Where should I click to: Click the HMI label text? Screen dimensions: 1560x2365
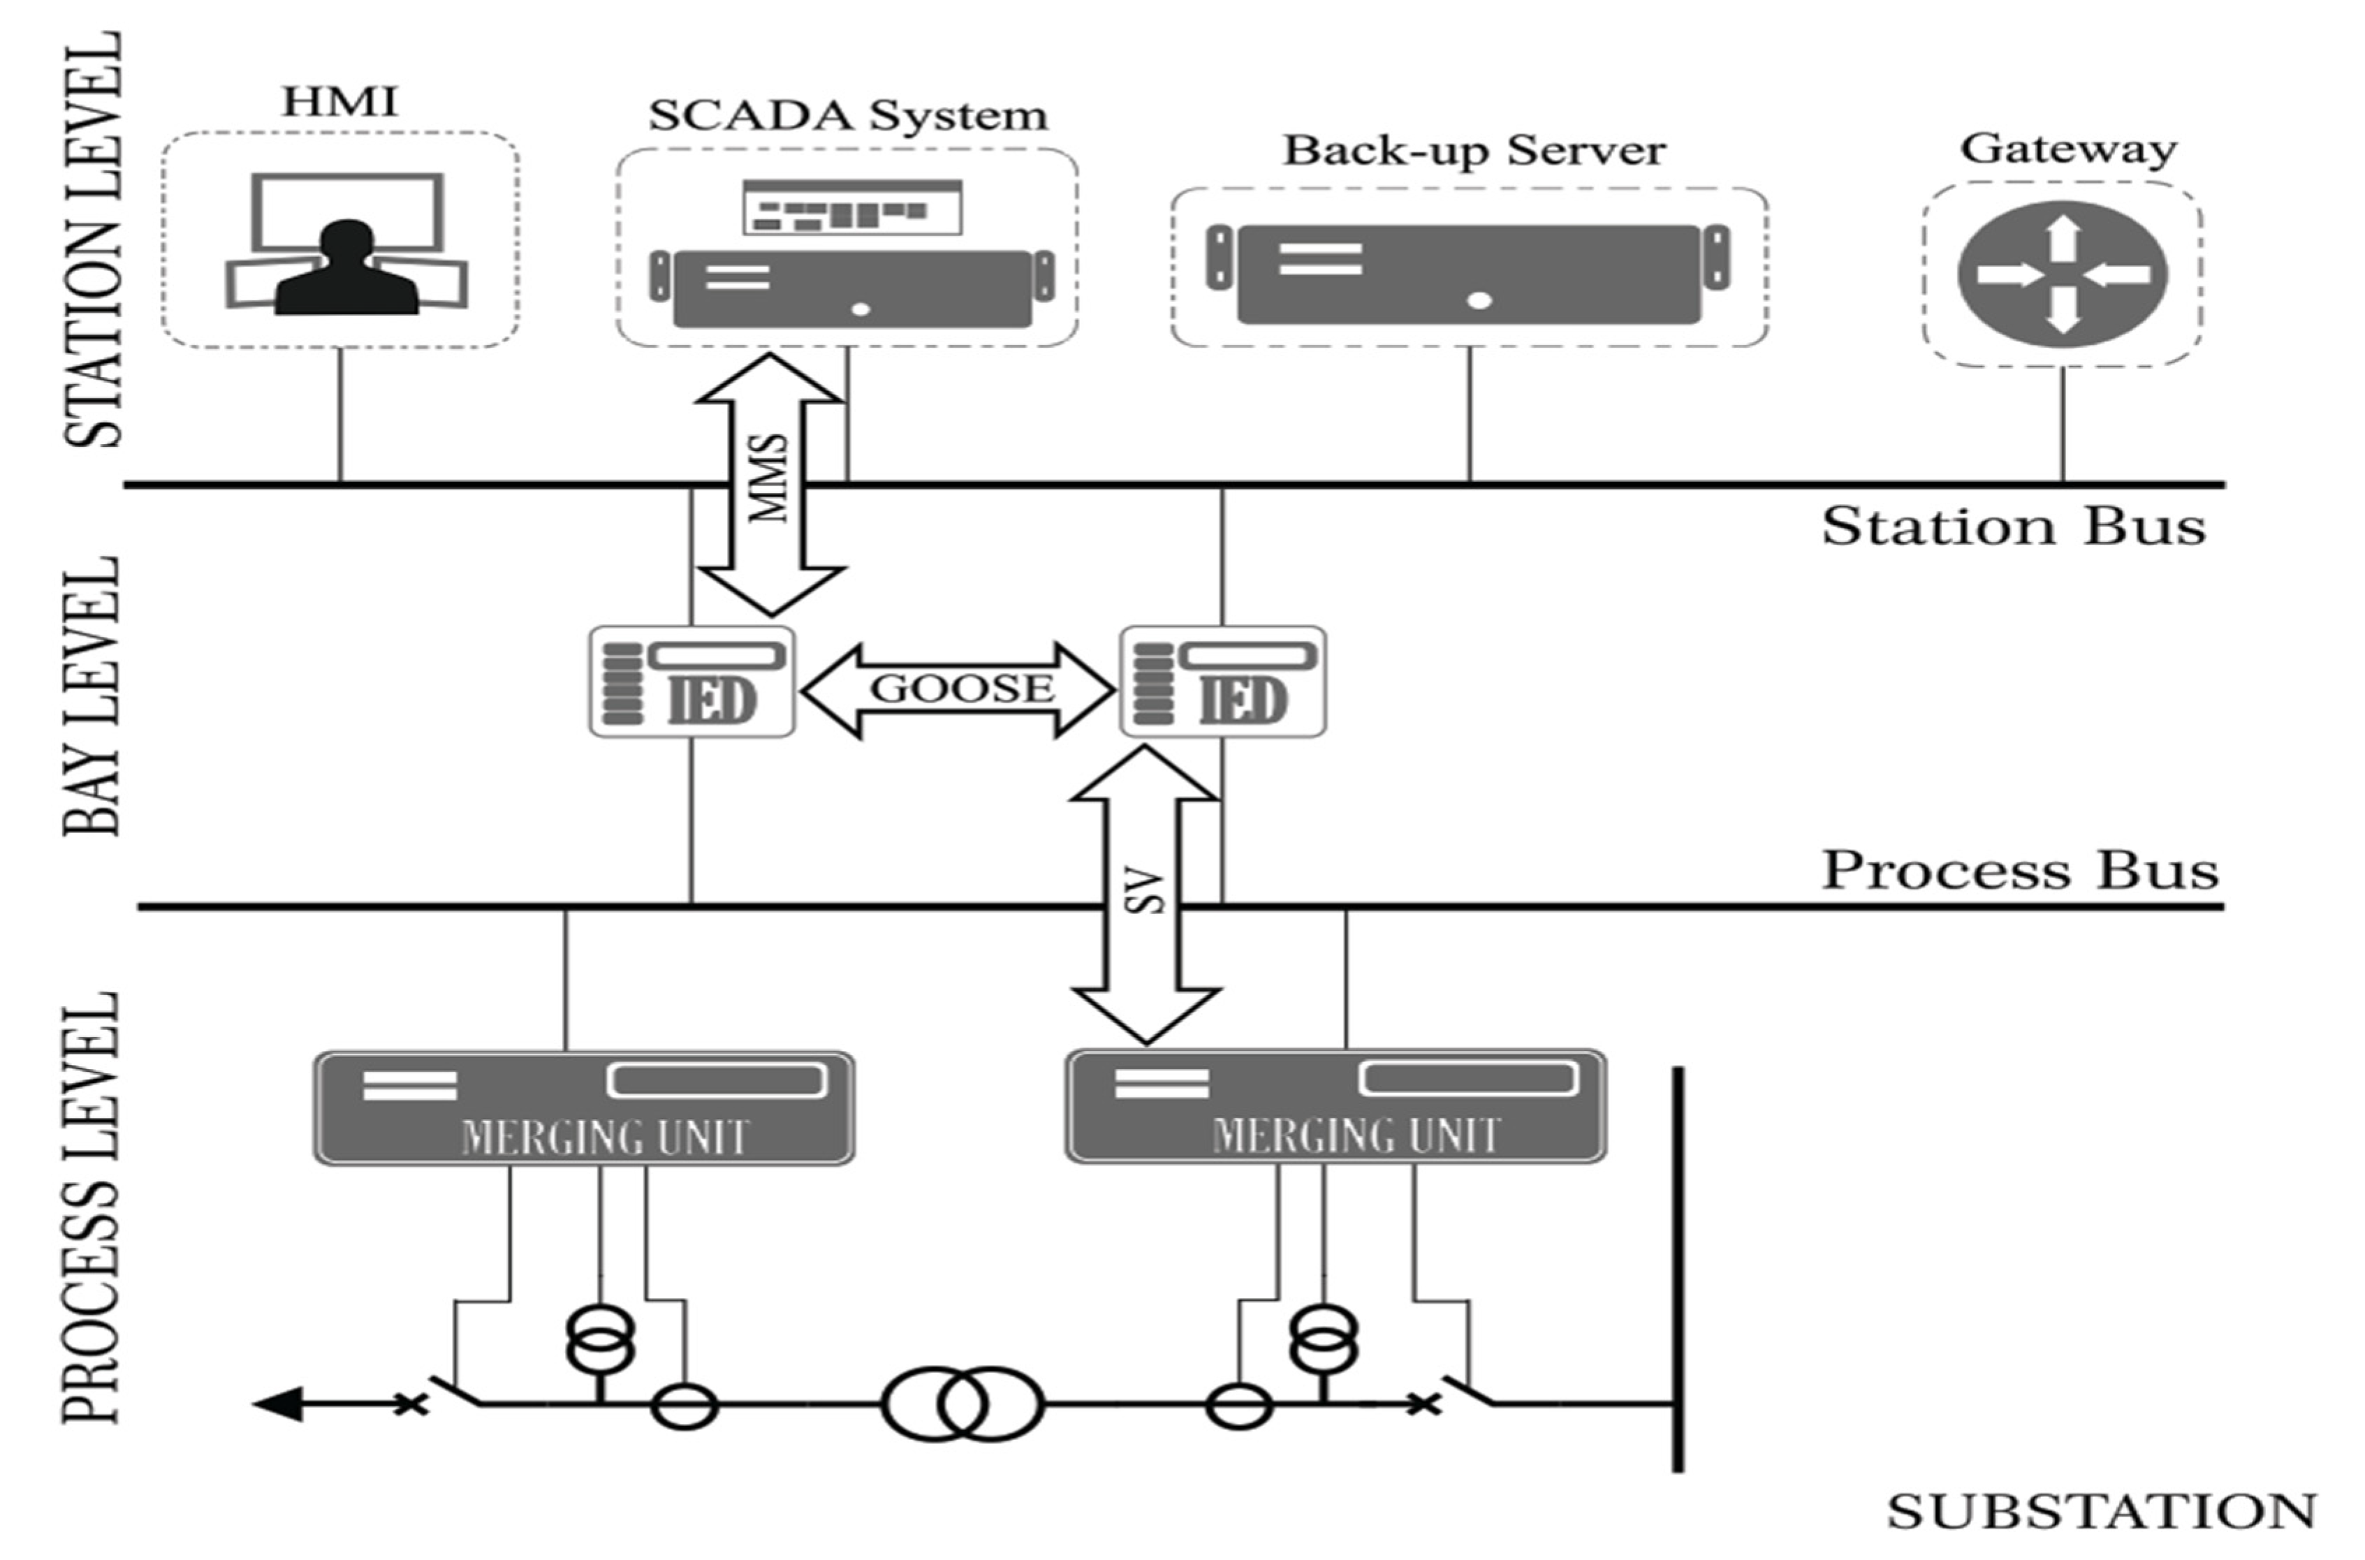pos(340,101)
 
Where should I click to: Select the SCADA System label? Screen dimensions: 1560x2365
pos(848,115)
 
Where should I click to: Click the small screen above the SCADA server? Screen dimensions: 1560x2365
pos(851,207)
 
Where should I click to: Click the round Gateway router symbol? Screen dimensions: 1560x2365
pos(2062,274)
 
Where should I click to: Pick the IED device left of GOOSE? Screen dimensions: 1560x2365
pos(692,682)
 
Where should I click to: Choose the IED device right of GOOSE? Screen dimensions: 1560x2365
pos(1223,682)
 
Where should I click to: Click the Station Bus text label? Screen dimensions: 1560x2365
pos(2013,527)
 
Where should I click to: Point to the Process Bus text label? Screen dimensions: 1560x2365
pos(2020,871)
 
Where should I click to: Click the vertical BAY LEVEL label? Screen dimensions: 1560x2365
pos(91,696)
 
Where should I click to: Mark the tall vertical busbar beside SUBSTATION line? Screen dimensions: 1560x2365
pos(1678,1269)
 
